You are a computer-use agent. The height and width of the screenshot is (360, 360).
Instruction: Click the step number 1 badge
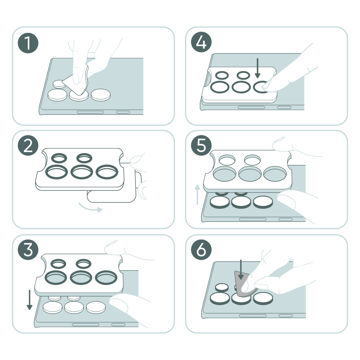click(28, 43)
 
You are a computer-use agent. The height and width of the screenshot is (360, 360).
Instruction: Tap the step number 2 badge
click(28, 145)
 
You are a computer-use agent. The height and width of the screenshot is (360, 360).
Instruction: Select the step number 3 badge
click(28, 250)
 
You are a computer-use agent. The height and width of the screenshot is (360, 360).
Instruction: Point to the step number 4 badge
click(201, 42)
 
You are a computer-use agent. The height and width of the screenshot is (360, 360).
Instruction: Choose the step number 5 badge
click(201, 145)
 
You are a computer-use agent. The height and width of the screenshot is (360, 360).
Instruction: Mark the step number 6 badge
click(201, 250)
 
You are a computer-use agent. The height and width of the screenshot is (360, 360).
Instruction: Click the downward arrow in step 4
click(257, 68)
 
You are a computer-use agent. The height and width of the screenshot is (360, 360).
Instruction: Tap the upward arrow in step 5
click(197, 194)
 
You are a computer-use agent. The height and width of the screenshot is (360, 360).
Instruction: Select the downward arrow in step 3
click(29, 300)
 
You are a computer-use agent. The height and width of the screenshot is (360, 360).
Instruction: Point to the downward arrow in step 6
click(241, 270)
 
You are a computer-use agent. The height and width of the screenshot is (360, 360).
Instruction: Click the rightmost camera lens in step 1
click(100, 94)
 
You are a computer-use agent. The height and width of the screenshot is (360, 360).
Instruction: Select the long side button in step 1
click(90, 112)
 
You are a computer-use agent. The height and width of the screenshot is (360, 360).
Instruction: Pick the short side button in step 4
click(284, 108)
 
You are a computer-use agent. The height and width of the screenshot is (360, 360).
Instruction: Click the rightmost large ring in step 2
click(107, 172)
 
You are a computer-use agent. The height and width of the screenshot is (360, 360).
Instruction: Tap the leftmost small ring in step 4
click(222, 75)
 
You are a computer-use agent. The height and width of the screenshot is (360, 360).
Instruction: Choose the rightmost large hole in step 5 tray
click(275, 174)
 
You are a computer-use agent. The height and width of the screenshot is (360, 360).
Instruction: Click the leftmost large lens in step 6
click(220, 298)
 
